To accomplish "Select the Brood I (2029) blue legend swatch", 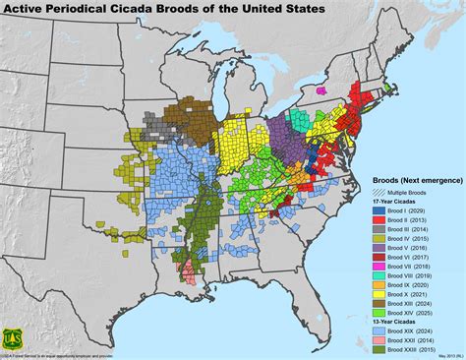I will point(380,210).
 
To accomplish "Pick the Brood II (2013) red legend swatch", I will point(380,220).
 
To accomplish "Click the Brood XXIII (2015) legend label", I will point(413,350).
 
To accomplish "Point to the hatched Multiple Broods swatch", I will point(380,192).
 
